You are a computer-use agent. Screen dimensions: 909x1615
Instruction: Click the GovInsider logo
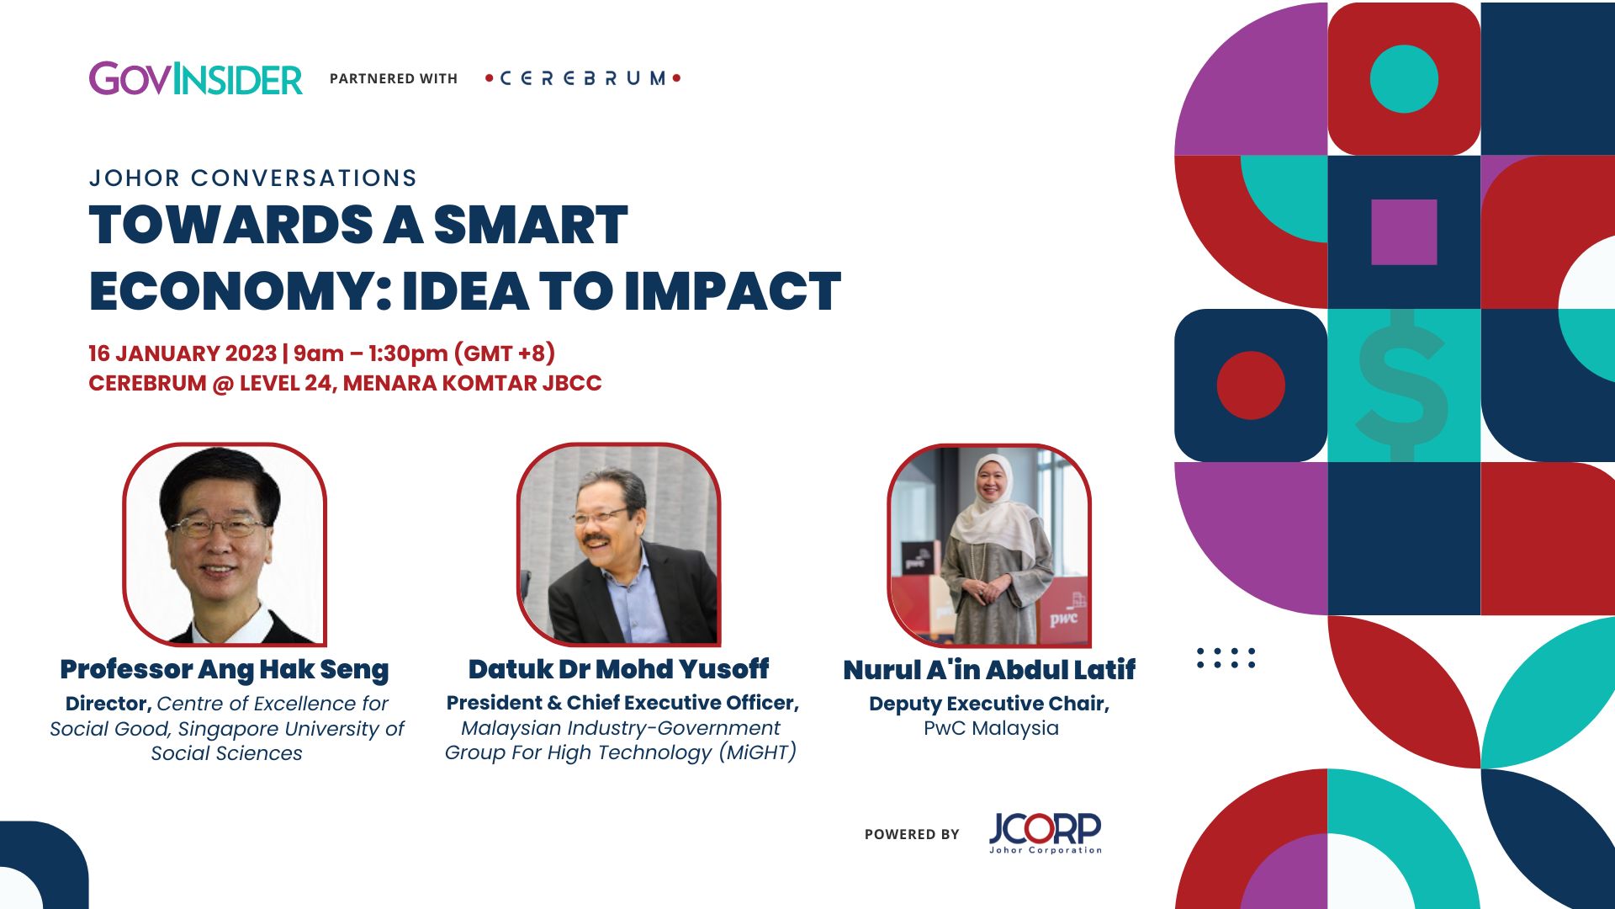click(x=195, y=79)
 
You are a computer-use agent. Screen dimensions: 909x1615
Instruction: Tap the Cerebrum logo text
click(x=583, y=78)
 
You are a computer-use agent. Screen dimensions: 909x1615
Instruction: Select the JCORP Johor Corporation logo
click(x=1045, y=832)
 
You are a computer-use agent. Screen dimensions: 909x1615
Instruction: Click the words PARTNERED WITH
click(x=394, y=79)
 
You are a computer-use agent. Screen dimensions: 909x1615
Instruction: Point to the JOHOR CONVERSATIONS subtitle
click(x=253, y=178)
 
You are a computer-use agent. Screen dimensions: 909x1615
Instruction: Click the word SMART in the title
click(x=530, y=226)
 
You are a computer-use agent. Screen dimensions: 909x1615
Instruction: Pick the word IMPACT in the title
click(x=733, y=291)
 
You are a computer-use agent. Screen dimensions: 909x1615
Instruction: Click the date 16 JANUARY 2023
click(x=183, y=353)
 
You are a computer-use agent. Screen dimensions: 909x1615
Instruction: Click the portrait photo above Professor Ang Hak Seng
click(x=225, y=545)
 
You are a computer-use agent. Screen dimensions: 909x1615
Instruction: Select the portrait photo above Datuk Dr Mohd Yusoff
click(x=619, y=545)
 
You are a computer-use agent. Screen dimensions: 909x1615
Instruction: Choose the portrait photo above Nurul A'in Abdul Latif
click(x=989, y=545)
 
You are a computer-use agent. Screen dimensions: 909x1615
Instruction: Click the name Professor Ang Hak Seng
click(x=225, y=670)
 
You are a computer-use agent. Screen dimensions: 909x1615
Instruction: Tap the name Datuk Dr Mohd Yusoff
click(x=618, y=670)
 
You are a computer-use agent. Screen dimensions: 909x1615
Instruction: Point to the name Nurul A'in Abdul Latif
click(x=989, y=671)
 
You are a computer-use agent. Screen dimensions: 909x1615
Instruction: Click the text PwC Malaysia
click(x=991, y=729)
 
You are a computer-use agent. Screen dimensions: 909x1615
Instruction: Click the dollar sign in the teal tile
click(x=1402, y=385)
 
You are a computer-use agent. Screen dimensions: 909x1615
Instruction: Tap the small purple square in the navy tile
click(x=1404, y=232)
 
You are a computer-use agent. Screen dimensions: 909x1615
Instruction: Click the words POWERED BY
click(x=912, y=834)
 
